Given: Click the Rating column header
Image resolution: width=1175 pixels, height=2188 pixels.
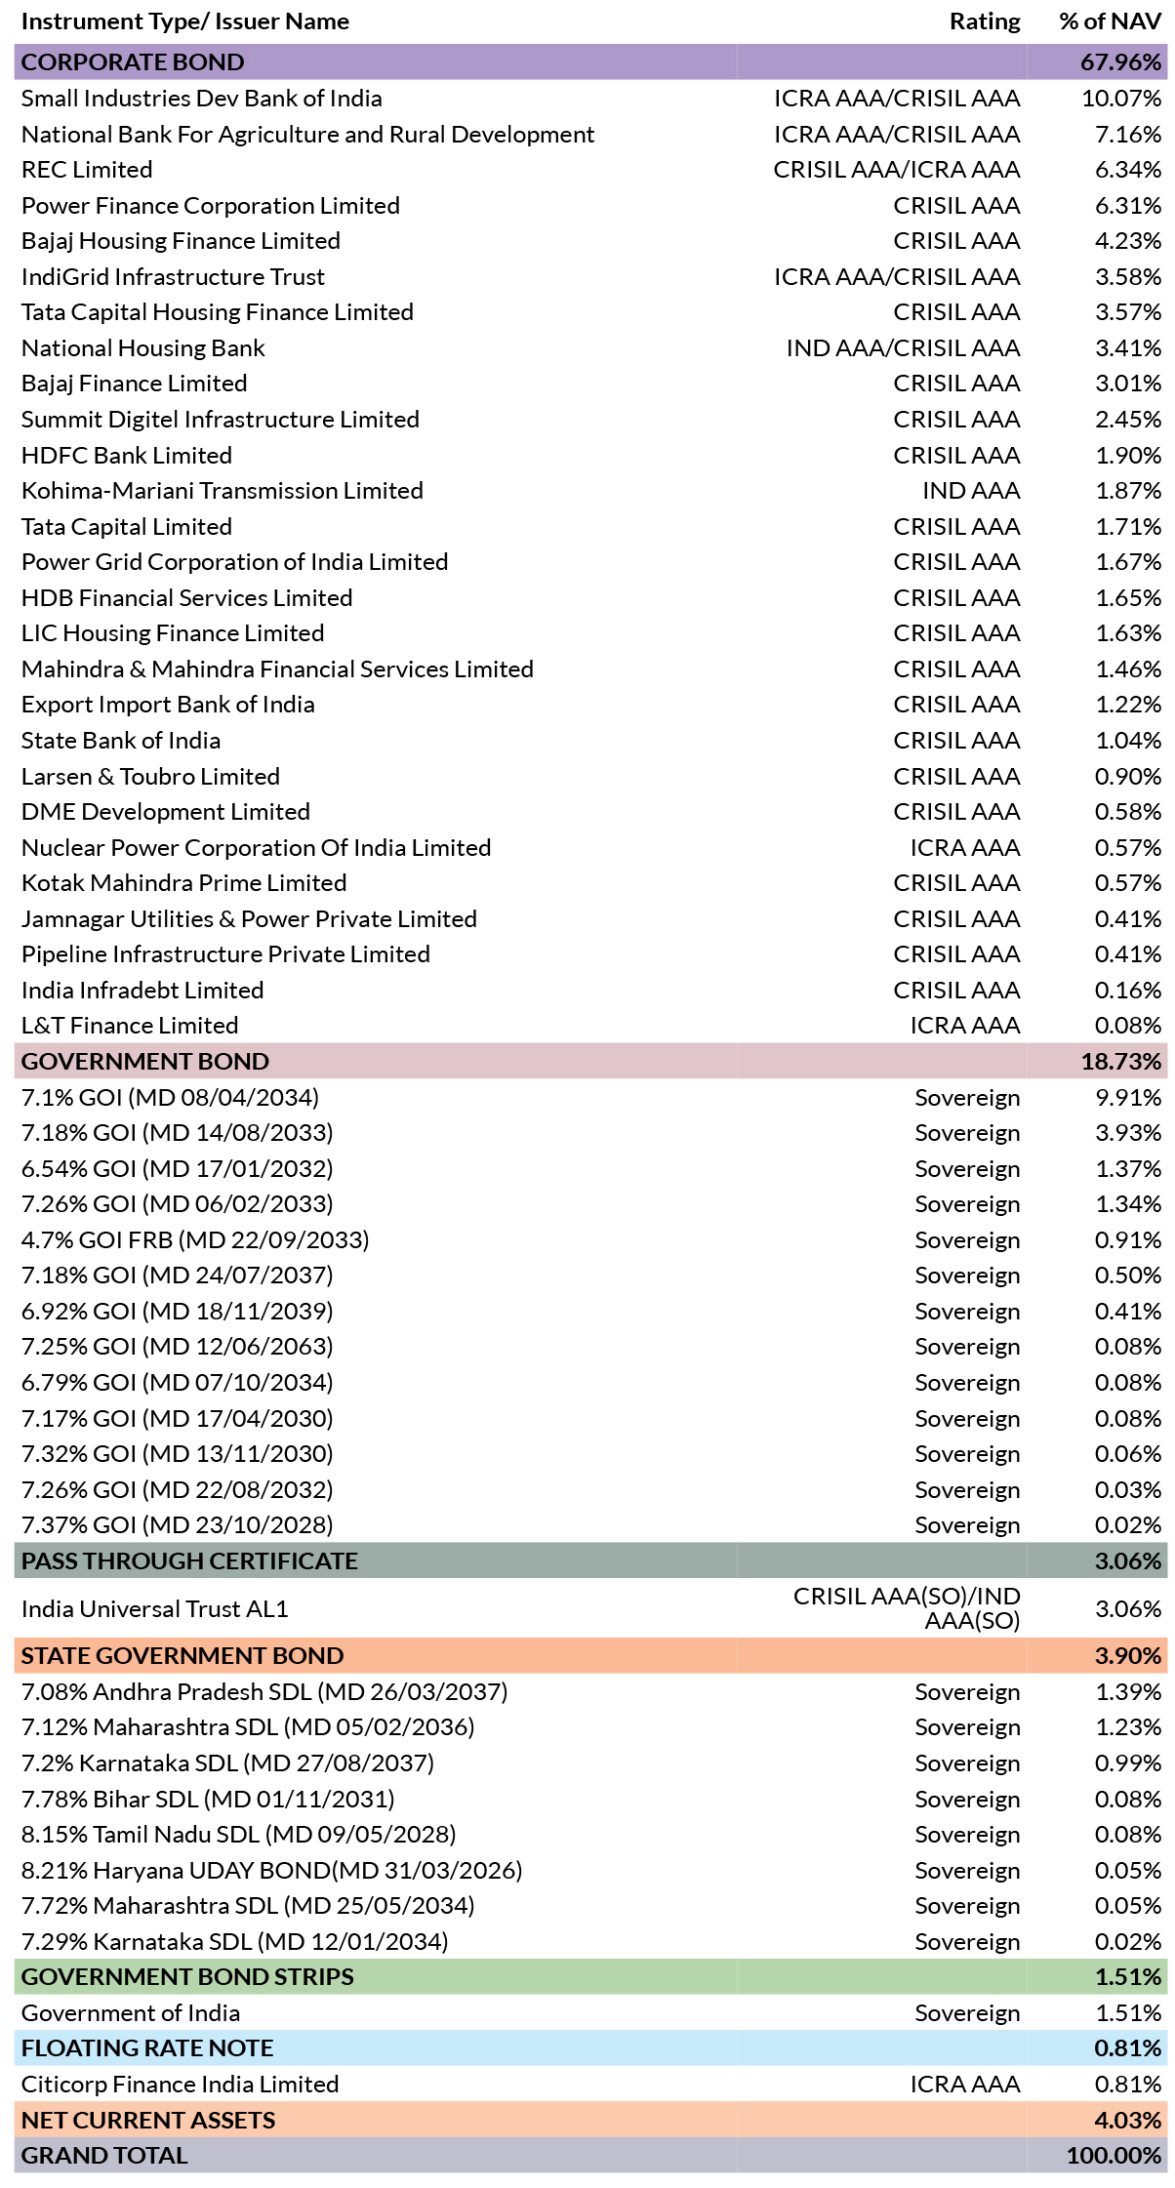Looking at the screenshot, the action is [985, 21].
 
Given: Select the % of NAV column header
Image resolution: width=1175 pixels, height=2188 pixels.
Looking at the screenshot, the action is [1111, 21].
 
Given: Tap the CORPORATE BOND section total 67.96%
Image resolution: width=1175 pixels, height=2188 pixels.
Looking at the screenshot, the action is [1121, 62].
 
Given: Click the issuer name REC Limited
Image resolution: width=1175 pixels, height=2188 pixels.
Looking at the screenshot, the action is [87, 170].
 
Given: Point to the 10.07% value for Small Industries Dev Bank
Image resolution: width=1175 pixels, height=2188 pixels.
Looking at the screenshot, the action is [1121, 99].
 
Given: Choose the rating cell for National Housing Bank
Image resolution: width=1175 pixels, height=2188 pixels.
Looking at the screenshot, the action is [903, 348].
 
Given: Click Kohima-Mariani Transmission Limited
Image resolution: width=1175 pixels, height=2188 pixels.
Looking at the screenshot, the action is [223, 491].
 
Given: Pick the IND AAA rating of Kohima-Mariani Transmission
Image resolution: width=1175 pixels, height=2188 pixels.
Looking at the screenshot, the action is [971, 491].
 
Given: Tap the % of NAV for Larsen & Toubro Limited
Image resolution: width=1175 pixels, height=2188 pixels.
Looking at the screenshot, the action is [1128, 777].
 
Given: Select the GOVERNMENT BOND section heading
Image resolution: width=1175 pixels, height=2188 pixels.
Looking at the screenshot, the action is [145, 1062].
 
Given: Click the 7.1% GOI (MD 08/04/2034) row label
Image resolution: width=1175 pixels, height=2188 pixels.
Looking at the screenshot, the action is [170, 1098].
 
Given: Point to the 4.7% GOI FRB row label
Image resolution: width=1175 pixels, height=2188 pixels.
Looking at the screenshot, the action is [195, 1240].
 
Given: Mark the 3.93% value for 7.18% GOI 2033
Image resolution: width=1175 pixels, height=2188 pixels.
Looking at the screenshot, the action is [1128, 1133].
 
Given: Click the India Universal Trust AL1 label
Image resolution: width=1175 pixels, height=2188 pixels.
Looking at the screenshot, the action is [155, 1609].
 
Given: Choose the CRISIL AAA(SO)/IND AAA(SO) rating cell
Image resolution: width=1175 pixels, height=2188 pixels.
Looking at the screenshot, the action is [907, 1608].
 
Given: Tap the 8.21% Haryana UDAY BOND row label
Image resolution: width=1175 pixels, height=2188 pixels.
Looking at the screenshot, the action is [271, 1871].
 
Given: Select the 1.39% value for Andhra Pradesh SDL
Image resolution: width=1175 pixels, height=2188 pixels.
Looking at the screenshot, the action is [1128, 1692].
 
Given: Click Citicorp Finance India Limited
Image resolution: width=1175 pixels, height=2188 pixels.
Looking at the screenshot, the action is [180, 2085].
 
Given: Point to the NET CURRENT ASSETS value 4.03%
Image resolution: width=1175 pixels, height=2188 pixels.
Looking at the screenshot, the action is [1128, 2120].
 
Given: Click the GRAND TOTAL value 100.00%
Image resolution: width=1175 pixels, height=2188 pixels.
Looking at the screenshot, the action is [1114, 2156].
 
